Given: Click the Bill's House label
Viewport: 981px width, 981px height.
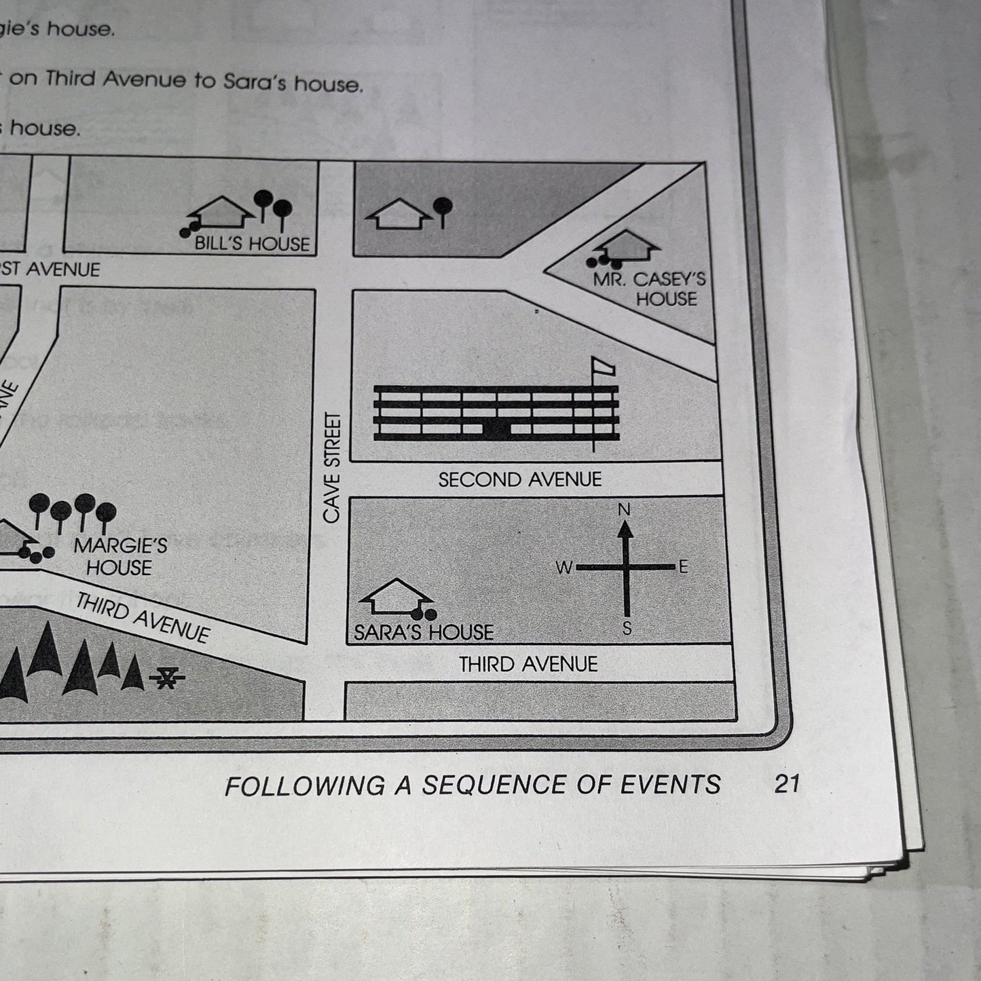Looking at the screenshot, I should [252, 244].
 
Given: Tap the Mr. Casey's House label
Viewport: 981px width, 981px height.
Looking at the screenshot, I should [650, 289].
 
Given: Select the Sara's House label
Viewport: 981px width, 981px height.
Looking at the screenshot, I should [424, 633].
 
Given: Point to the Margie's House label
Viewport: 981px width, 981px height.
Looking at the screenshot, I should [120, 557].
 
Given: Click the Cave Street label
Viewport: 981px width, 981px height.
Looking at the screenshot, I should [331, 468].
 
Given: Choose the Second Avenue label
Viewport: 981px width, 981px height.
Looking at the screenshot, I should [520, 480].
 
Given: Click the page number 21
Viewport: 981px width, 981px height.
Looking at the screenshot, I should [787, 784].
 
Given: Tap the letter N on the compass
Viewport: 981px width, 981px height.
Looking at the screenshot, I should [625, 509].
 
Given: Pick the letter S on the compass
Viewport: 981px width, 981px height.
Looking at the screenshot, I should [627, 629].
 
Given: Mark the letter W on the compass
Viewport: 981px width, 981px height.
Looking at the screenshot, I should [564, 568].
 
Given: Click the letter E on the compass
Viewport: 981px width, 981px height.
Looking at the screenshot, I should [683, 566].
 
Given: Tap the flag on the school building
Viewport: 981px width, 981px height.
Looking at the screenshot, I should [603, 367].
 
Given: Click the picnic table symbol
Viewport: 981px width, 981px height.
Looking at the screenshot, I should [168, 677].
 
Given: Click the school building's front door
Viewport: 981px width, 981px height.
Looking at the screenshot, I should [496, 428].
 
